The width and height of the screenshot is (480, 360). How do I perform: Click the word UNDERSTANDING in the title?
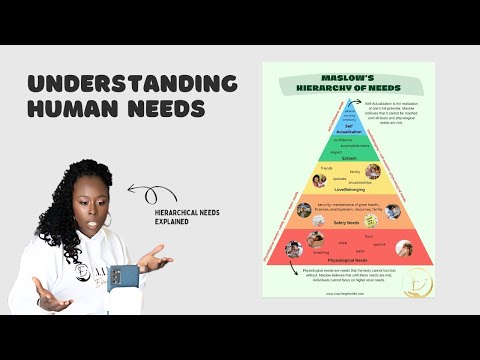pos(132,83)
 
